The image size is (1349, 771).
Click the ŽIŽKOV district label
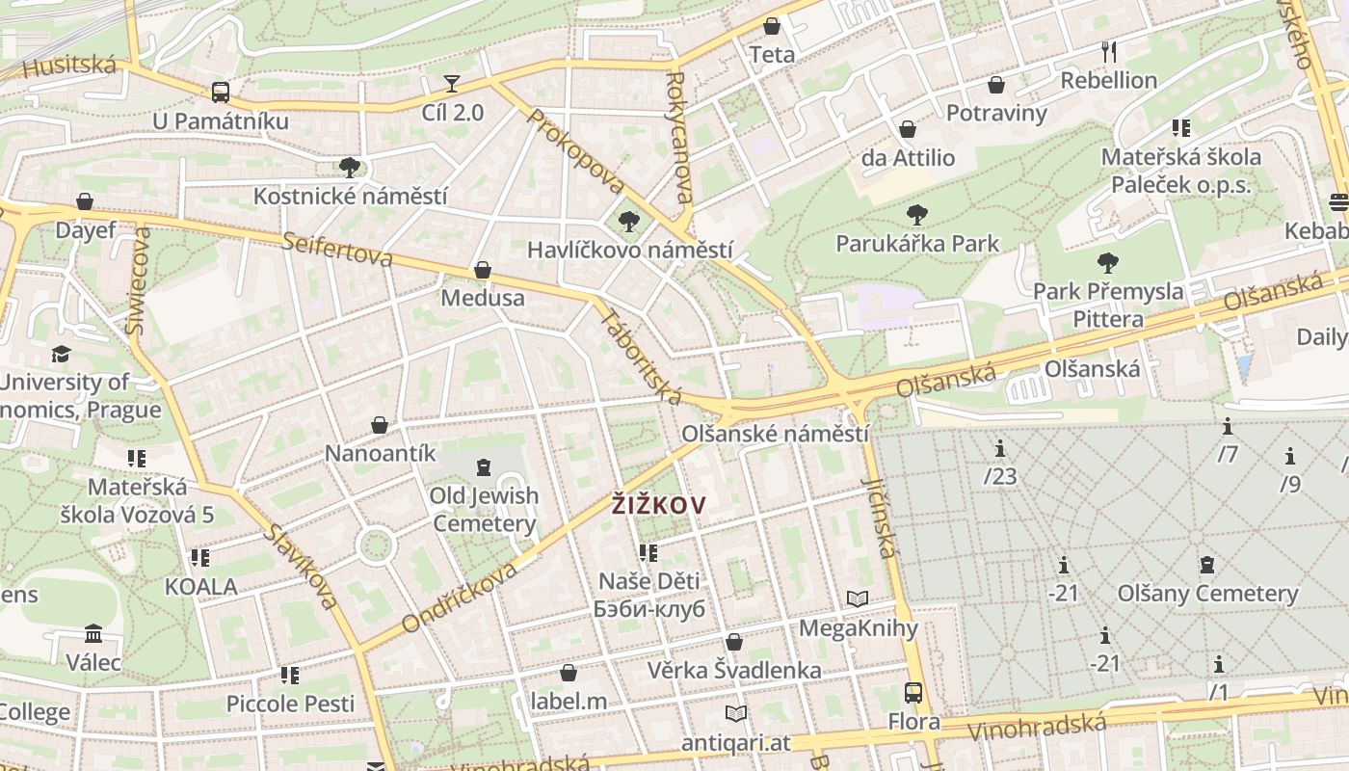click(659, 504)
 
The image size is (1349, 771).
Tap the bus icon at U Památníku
click(221, 93)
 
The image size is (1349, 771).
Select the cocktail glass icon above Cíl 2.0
click(452, 84)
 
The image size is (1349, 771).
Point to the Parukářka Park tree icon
click(917, 215)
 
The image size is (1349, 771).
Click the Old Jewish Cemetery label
click(484, 510)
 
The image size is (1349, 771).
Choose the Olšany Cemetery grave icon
click(1207, 565)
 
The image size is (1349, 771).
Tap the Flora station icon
click(913, 692)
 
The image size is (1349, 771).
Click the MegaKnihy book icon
click(858, 599)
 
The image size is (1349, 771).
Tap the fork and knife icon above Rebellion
click(1108, 51)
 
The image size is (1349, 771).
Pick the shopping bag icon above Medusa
click(483, 270)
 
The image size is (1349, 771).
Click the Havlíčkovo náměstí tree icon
click(629, 222)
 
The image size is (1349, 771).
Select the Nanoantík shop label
click(381, 453)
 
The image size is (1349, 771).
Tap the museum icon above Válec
click(93, 633)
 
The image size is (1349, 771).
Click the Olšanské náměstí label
click(775, 434)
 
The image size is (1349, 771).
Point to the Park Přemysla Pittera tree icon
click(1108, 262)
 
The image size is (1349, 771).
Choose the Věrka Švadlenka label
click(734, 670)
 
